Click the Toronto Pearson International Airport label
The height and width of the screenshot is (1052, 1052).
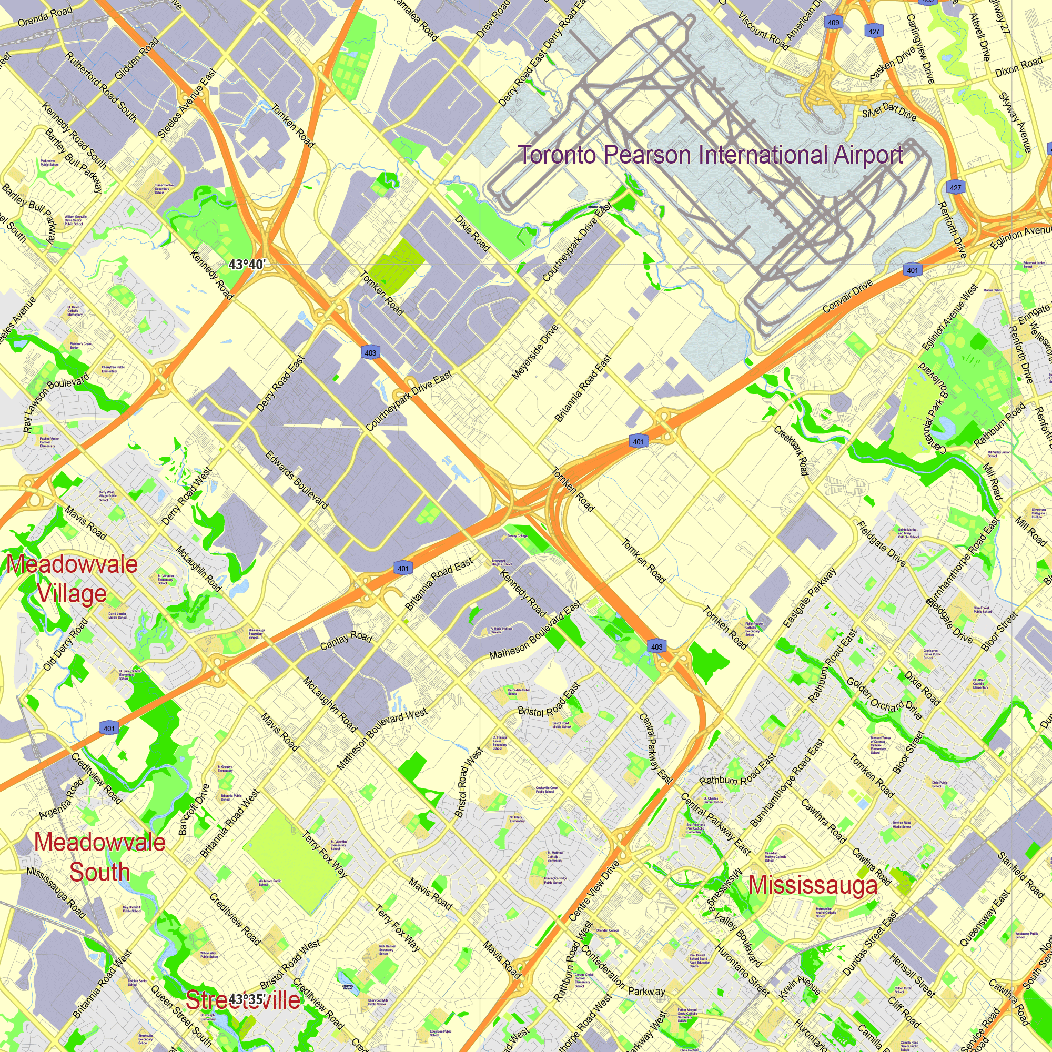(710, 155)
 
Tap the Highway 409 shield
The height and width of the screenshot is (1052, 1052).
(833, 22)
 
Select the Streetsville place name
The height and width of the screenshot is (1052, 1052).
(243, 1000)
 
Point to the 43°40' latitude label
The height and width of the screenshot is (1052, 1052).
(247, 265)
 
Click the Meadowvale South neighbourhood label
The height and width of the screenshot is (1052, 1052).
(99, 857)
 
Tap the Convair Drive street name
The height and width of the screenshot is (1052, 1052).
(847, 296)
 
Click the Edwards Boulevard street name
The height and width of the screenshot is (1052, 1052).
(297, 480)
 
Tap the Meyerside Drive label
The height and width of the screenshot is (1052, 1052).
(535, 352)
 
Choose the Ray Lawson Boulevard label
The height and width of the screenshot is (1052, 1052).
(56, 403)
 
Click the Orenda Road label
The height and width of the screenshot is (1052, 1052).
(45, 17)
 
